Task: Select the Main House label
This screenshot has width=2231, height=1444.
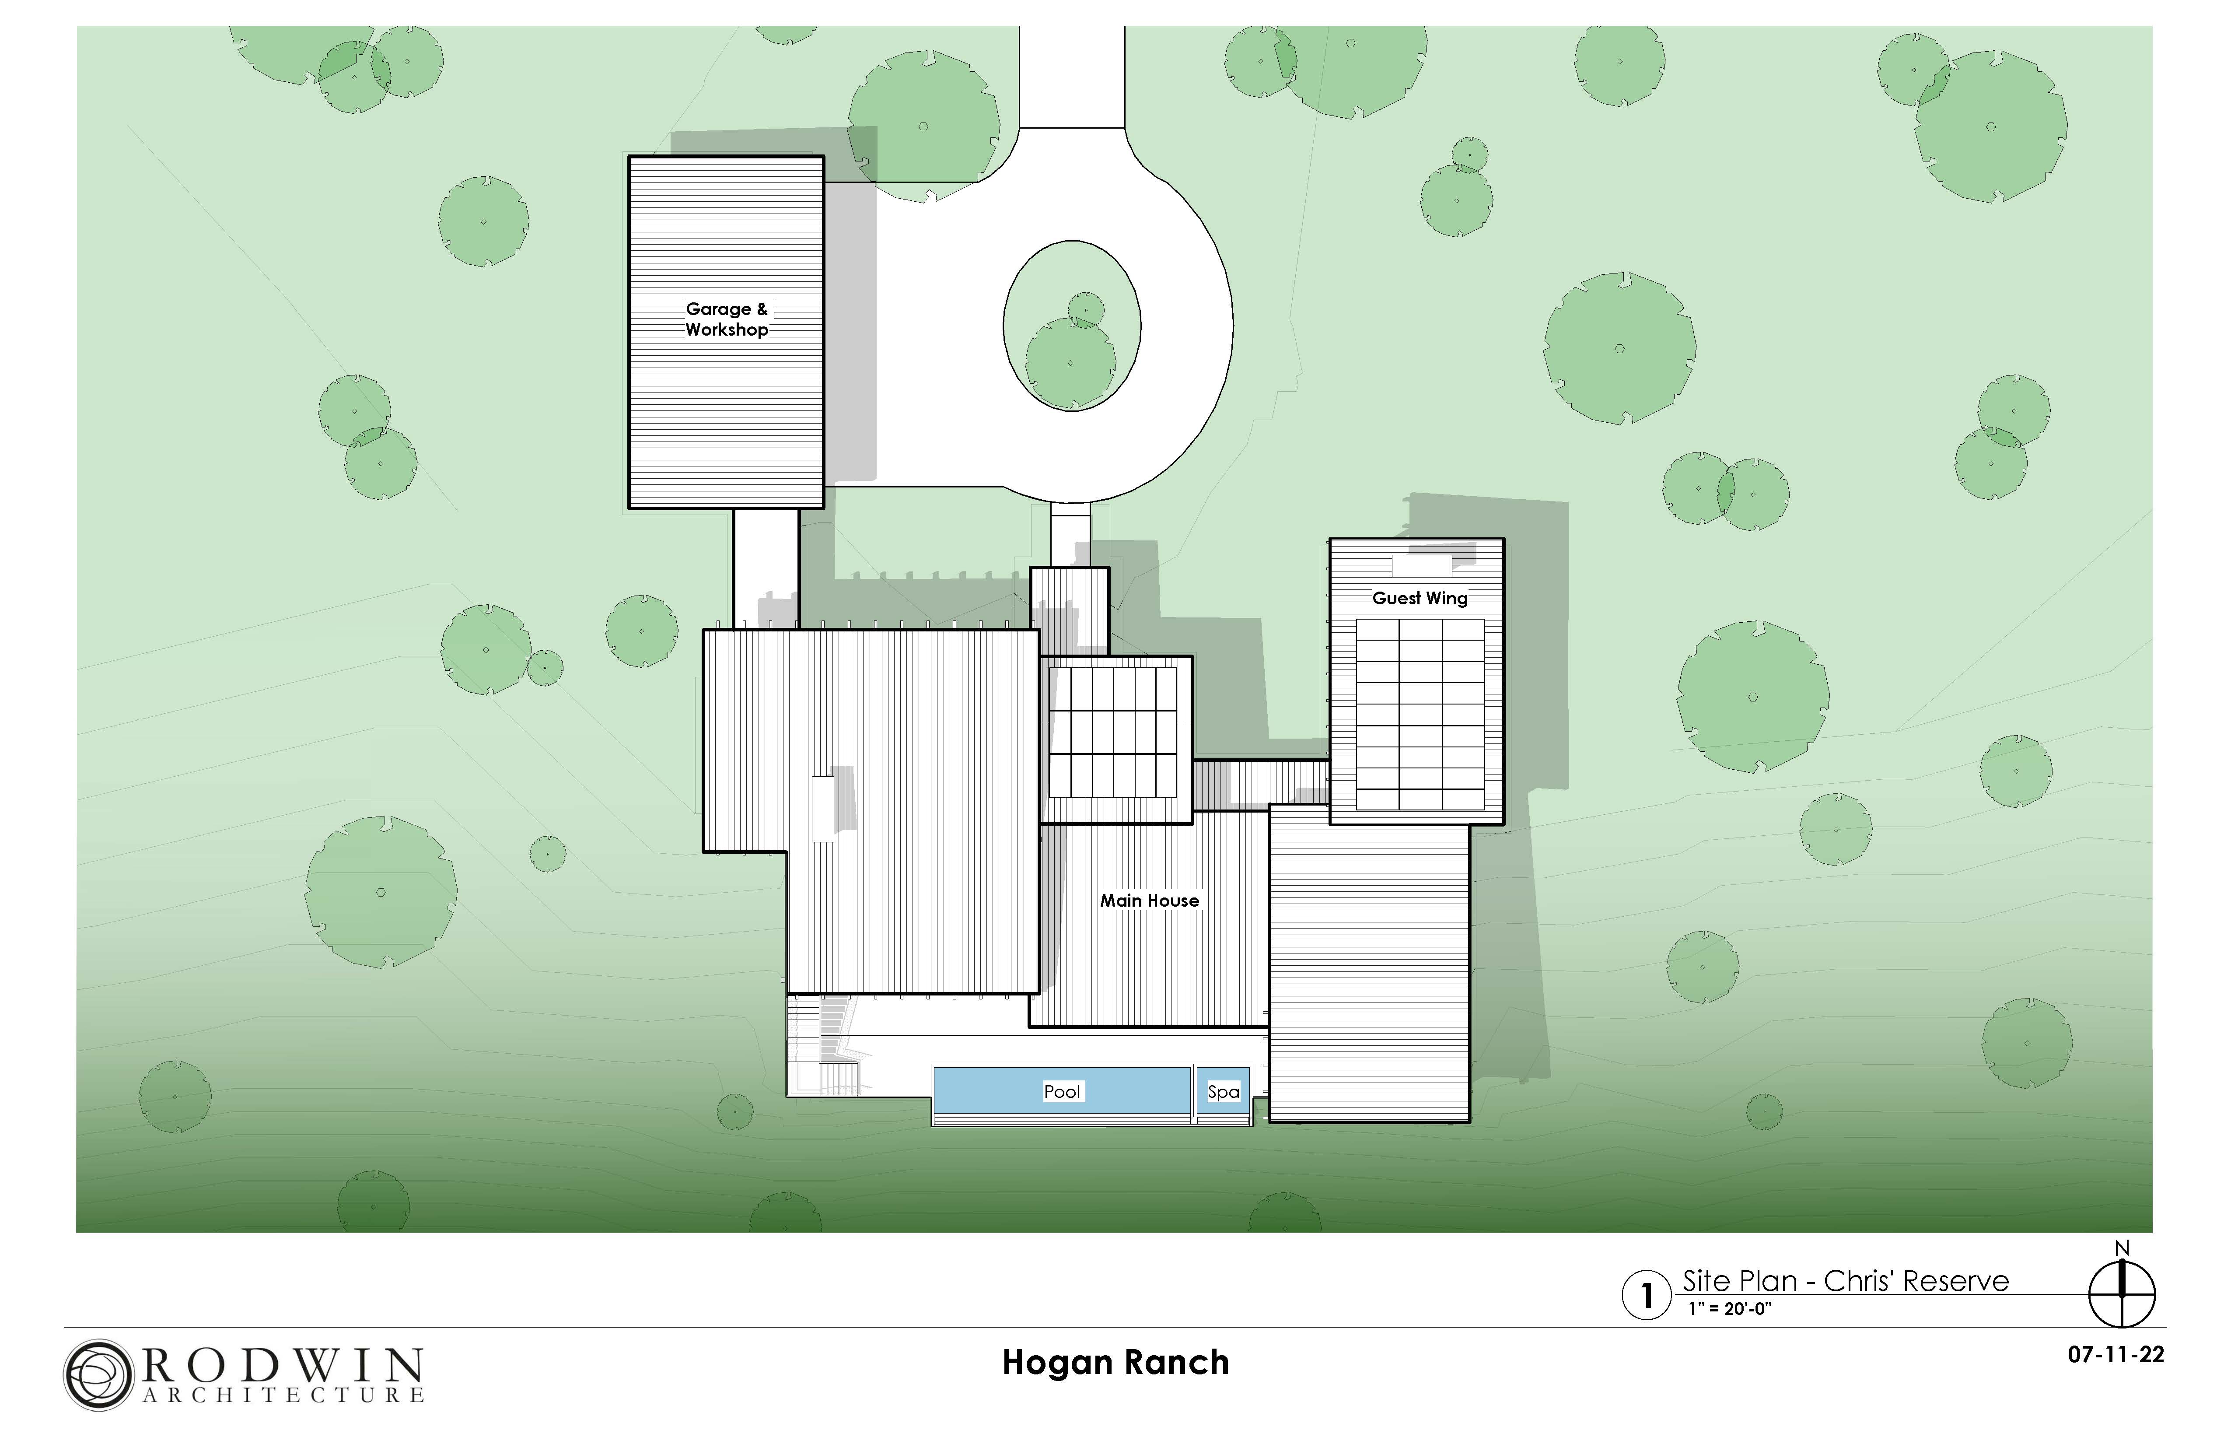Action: point(1149,900)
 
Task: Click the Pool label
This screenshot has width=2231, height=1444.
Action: point(1062,1091)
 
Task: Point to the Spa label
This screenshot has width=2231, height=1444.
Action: point(1223,1091)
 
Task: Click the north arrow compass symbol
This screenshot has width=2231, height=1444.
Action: point(2122,1294)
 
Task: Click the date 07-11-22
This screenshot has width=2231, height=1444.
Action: point(2115,1355)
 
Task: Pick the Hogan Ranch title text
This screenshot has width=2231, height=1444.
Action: point(1115,1363)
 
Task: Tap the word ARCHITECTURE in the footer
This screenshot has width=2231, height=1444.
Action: point(283,1395)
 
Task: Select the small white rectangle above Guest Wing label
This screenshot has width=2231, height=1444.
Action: point(1421,566)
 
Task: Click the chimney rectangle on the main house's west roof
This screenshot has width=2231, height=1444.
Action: point(822,808)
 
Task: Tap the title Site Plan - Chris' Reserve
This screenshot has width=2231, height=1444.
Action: point(1845,1281)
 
